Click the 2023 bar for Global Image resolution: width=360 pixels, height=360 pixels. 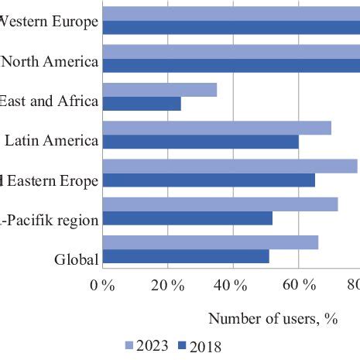210,242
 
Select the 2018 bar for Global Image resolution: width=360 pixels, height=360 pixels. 186,256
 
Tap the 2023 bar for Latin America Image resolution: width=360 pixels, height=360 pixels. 217,128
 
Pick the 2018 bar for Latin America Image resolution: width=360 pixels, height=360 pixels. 201,142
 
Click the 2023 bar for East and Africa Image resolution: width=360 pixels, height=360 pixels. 159,90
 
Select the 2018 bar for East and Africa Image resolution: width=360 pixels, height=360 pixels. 142,104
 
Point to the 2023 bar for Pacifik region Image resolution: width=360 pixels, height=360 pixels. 220,204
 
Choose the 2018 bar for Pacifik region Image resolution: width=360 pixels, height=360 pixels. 187,218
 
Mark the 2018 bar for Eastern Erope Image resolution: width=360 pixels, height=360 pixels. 208,180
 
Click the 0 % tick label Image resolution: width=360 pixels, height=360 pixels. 102,285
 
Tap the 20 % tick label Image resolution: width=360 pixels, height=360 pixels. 167,285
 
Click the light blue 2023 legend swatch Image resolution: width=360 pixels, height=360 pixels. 129,346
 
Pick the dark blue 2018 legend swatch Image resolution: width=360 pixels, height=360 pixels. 183,346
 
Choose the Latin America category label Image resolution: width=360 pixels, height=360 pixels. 51,140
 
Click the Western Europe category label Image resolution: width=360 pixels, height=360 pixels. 49,22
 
